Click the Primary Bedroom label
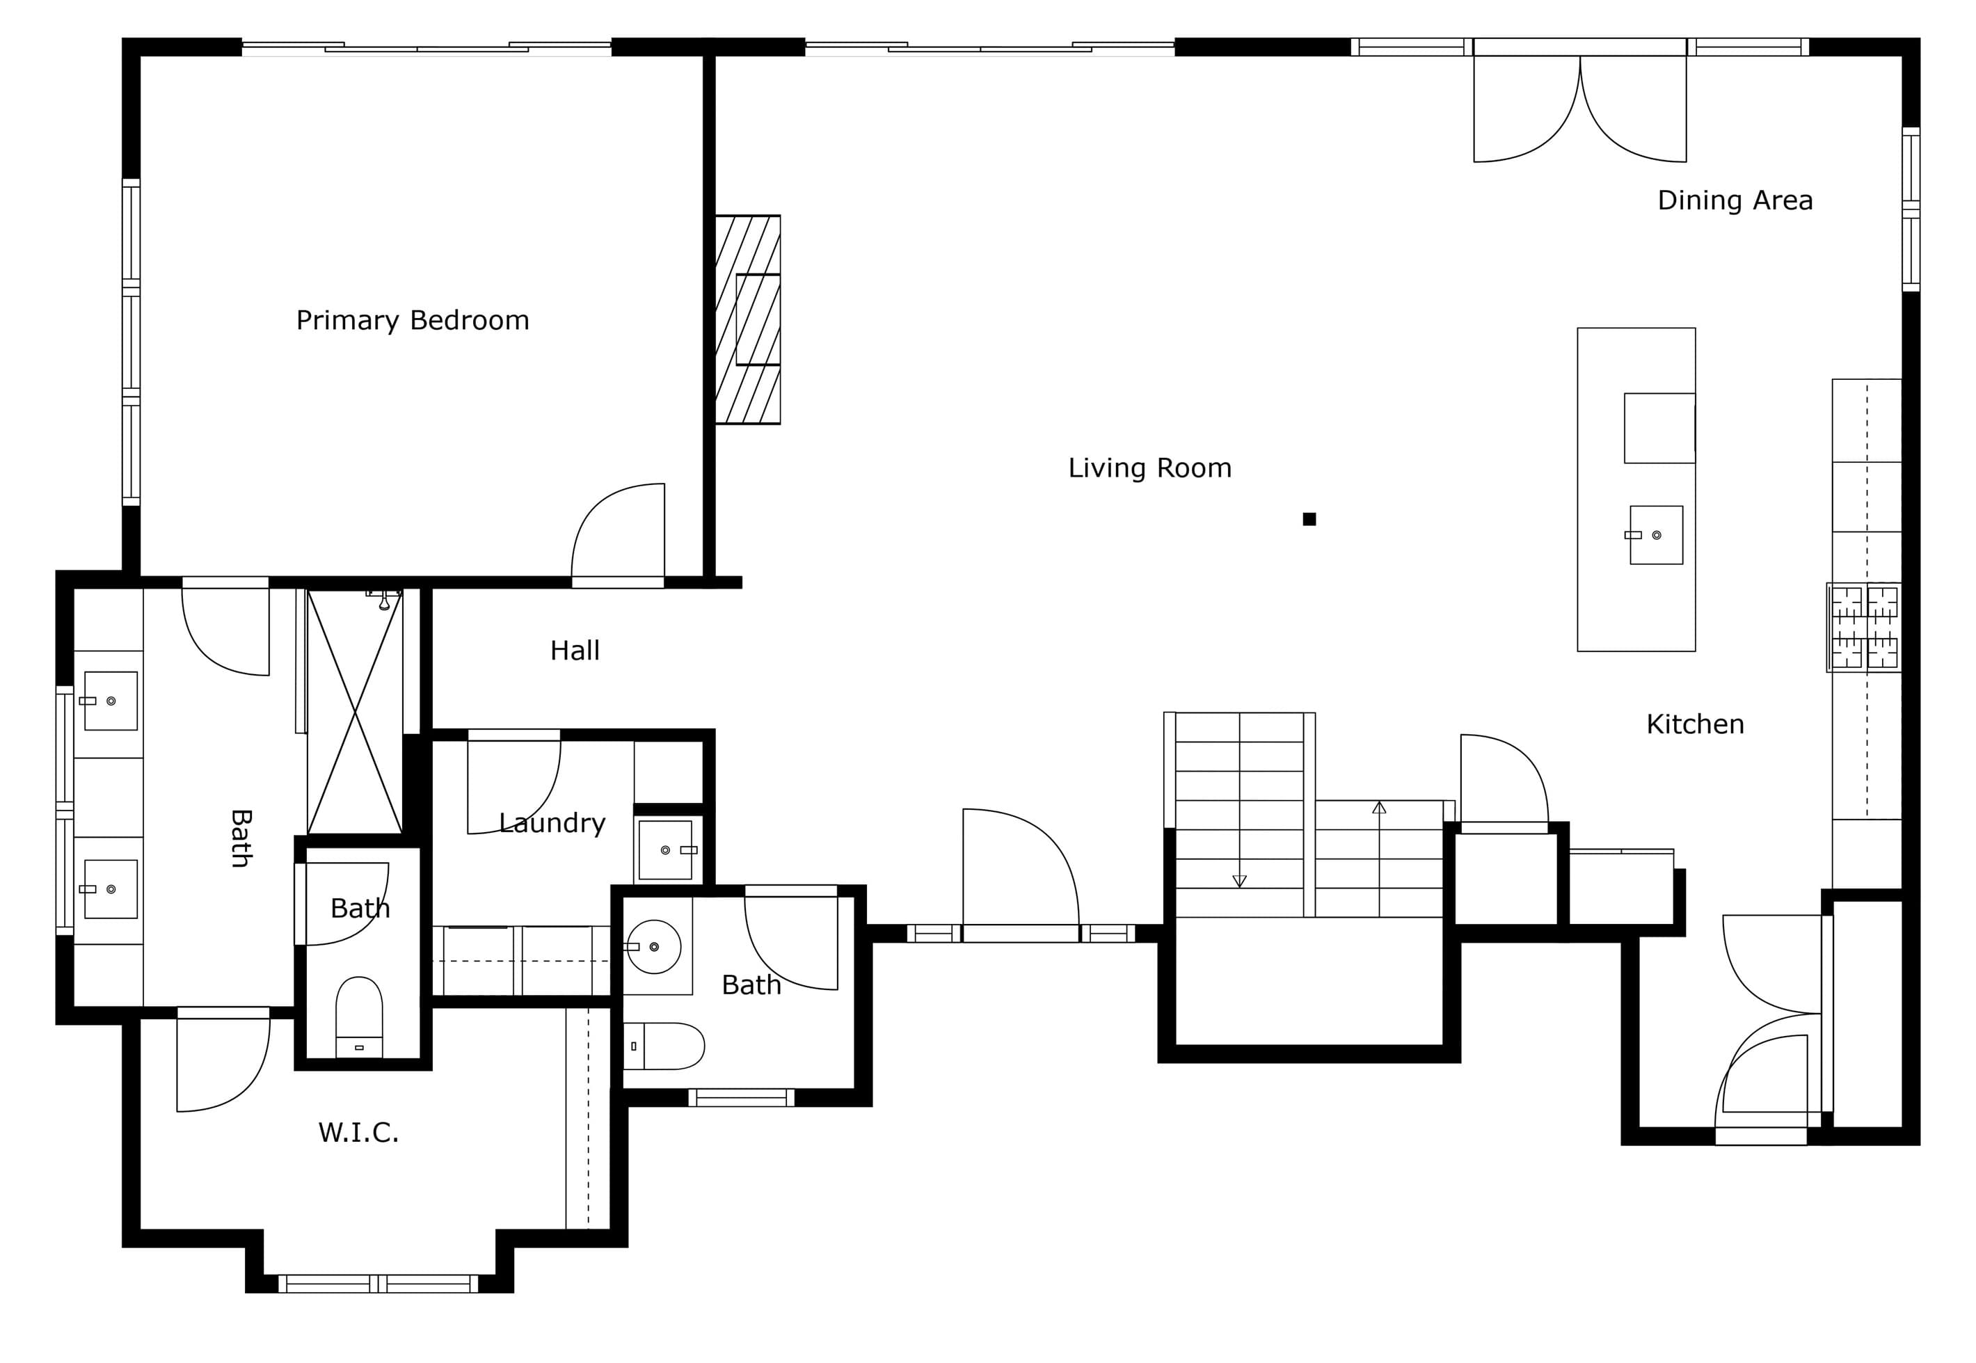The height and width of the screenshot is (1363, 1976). (413, 320)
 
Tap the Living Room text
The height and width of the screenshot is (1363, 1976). (1149, 468)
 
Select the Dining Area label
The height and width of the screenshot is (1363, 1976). (1735, 200)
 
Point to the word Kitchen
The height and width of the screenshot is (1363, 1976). (1695, 724)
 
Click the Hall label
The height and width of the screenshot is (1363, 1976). (575, 651)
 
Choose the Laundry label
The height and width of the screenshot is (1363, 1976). (552, 822)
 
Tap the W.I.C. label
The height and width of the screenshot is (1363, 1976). (358, 1133)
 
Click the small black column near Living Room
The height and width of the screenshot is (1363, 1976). (1309, 519)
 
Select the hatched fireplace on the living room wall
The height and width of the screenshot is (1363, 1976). (747, 319)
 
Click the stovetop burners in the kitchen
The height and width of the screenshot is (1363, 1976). (1863, 628)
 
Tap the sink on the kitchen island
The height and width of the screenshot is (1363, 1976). (1655, 534)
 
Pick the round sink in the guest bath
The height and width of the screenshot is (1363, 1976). (653, 947)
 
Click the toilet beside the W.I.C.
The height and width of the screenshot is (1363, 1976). (358, 1017)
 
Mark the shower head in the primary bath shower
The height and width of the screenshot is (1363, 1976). (384, 600)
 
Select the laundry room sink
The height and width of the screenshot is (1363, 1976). (666, 850)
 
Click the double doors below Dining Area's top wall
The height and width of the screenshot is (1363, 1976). (1580, 109)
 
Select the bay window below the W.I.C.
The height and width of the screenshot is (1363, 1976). (379, 1284)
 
